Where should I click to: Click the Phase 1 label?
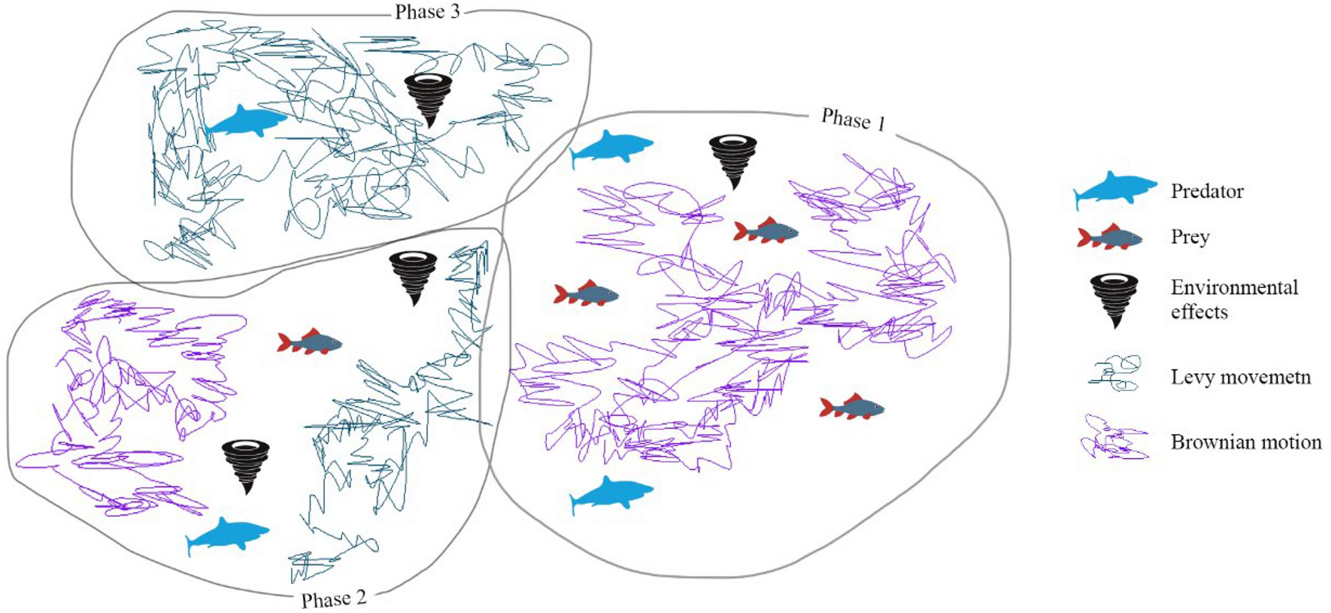click(853, 120)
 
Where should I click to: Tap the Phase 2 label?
click(334, 599)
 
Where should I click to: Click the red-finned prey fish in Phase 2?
click(310, 343)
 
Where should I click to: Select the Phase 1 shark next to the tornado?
click(611, 147)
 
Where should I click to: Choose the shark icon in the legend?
click(1114, 190)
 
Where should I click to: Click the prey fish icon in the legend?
click(1109, 238)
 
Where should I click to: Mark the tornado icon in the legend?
click(1114, 299)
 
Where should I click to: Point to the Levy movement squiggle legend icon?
click(1114, 375)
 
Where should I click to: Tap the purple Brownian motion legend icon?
click(1114, 438)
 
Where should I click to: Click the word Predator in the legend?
click(1207, 192)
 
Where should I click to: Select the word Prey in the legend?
click(1190, 238)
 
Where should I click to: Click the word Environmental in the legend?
click(1234, 288)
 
